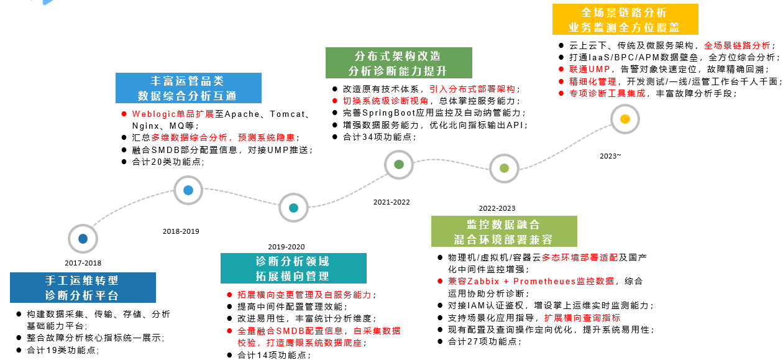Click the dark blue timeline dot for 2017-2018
83,239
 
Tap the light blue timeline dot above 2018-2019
188,190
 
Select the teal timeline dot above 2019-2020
293,208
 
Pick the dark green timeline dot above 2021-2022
399,164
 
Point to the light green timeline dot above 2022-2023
504,168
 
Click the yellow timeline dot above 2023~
625,119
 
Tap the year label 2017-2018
83,263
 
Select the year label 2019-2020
286,247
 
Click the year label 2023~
610,156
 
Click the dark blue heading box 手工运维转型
83,288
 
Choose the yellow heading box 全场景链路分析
625,19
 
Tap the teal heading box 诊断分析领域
293,269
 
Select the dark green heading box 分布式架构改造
399,63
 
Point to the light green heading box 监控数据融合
504,231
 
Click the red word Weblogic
154,114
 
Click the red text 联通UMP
589,69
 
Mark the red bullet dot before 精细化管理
561,81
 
